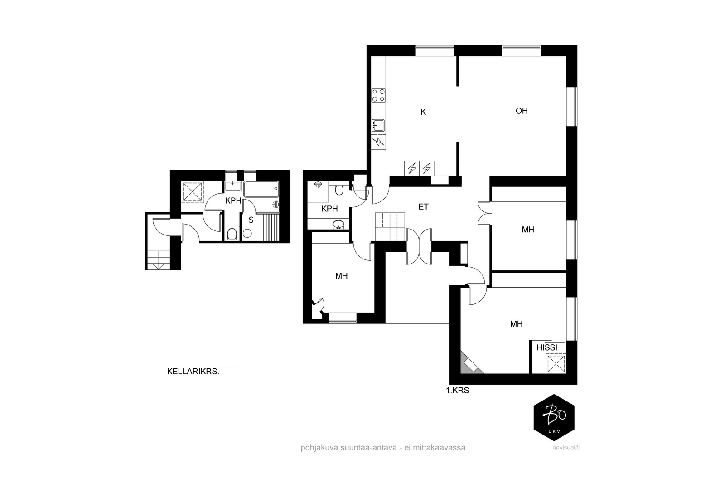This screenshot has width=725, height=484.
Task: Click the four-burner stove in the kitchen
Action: (378, 95)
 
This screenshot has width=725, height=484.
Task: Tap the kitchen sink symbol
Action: (378, 125)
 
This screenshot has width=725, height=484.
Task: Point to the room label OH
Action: (522, 111)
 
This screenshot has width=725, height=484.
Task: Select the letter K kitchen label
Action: (423, 112)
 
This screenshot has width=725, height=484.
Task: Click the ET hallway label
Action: (423, 207)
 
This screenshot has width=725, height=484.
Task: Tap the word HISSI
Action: (547, 347)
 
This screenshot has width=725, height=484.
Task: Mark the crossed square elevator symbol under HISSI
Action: (556, 364)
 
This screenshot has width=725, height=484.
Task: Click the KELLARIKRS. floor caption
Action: (193, 372)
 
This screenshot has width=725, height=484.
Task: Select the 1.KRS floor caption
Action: (457, 391)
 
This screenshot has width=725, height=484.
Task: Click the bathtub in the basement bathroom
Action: (261, 190)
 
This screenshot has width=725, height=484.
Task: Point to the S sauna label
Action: (251, 220)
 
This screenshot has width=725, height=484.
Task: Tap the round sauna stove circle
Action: (247, 233)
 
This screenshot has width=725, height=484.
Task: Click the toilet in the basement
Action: (232, 234)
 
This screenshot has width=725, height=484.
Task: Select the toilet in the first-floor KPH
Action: (339, 190)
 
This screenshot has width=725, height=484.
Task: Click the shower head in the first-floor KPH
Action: (318, 184)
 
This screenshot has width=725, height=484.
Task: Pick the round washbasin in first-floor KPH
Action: (338, 224)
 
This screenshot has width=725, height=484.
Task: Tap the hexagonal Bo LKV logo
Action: (554, 418)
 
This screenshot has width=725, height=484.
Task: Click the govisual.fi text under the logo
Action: (566, 448)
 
